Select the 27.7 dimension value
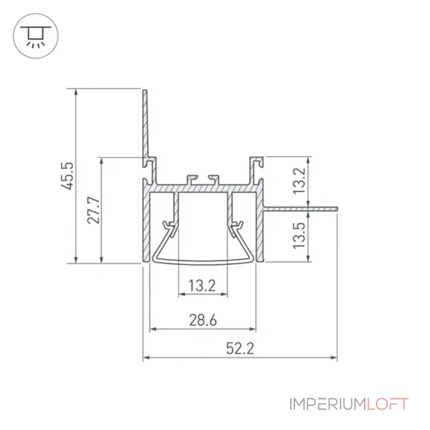point(94,210)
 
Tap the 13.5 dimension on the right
point(299,235)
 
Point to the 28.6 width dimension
point(203,320)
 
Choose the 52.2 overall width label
point(240,348)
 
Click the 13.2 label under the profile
point(202,286)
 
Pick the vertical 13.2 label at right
point(299,181)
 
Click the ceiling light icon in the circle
point(35,36)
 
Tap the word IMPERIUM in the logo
point(328,404)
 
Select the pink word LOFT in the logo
point(388,404)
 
